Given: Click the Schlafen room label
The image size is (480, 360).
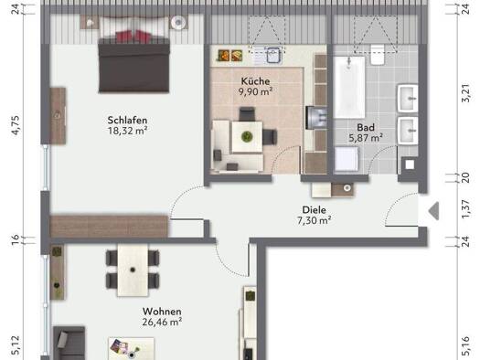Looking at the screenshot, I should (127, 120).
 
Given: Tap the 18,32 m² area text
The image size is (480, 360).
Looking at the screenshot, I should (127, 131).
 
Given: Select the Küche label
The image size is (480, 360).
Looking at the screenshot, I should (255, 80).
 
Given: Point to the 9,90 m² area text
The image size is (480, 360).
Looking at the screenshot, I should (255, 91).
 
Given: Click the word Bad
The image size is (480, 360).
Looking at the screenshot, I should (366, 127).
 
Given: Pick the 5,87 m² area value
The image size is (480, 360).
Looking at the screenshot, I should (366, 138).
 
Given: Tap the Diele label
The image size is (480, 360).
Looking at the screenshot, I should (315, 209).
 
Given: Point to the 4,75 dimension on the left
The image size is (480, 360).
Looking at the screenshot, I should (15, 124).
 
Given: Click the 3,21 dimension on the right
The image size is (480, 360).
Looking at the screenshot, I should (465, 93).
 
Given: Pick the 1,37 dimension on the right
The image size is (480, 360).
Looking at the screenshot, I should (465, 210).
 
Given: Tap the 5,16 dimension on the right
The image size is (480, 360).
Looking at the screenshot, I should (465, 345).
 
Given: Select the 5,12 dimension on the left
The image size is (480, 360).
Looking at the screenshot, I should (15, 345).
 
